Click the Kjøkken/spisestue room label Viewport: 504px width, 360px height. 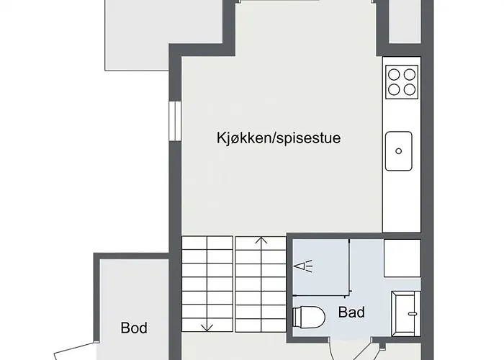[278, 138]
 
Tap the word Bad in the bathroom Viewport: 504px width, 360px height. [351, 312]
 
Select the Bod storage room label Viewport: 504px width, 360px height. [134, 328]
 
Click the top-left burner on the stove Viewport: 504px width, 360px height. [395, 73]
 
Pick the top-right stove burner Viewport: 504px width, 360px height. [410, 73]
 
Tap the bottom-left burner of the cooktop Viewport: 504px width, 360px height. [395, 89]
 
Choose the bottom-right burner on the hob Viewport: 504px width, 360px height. [410, 89]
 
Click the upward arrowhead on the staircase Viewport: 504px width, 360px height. [262, 241]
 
